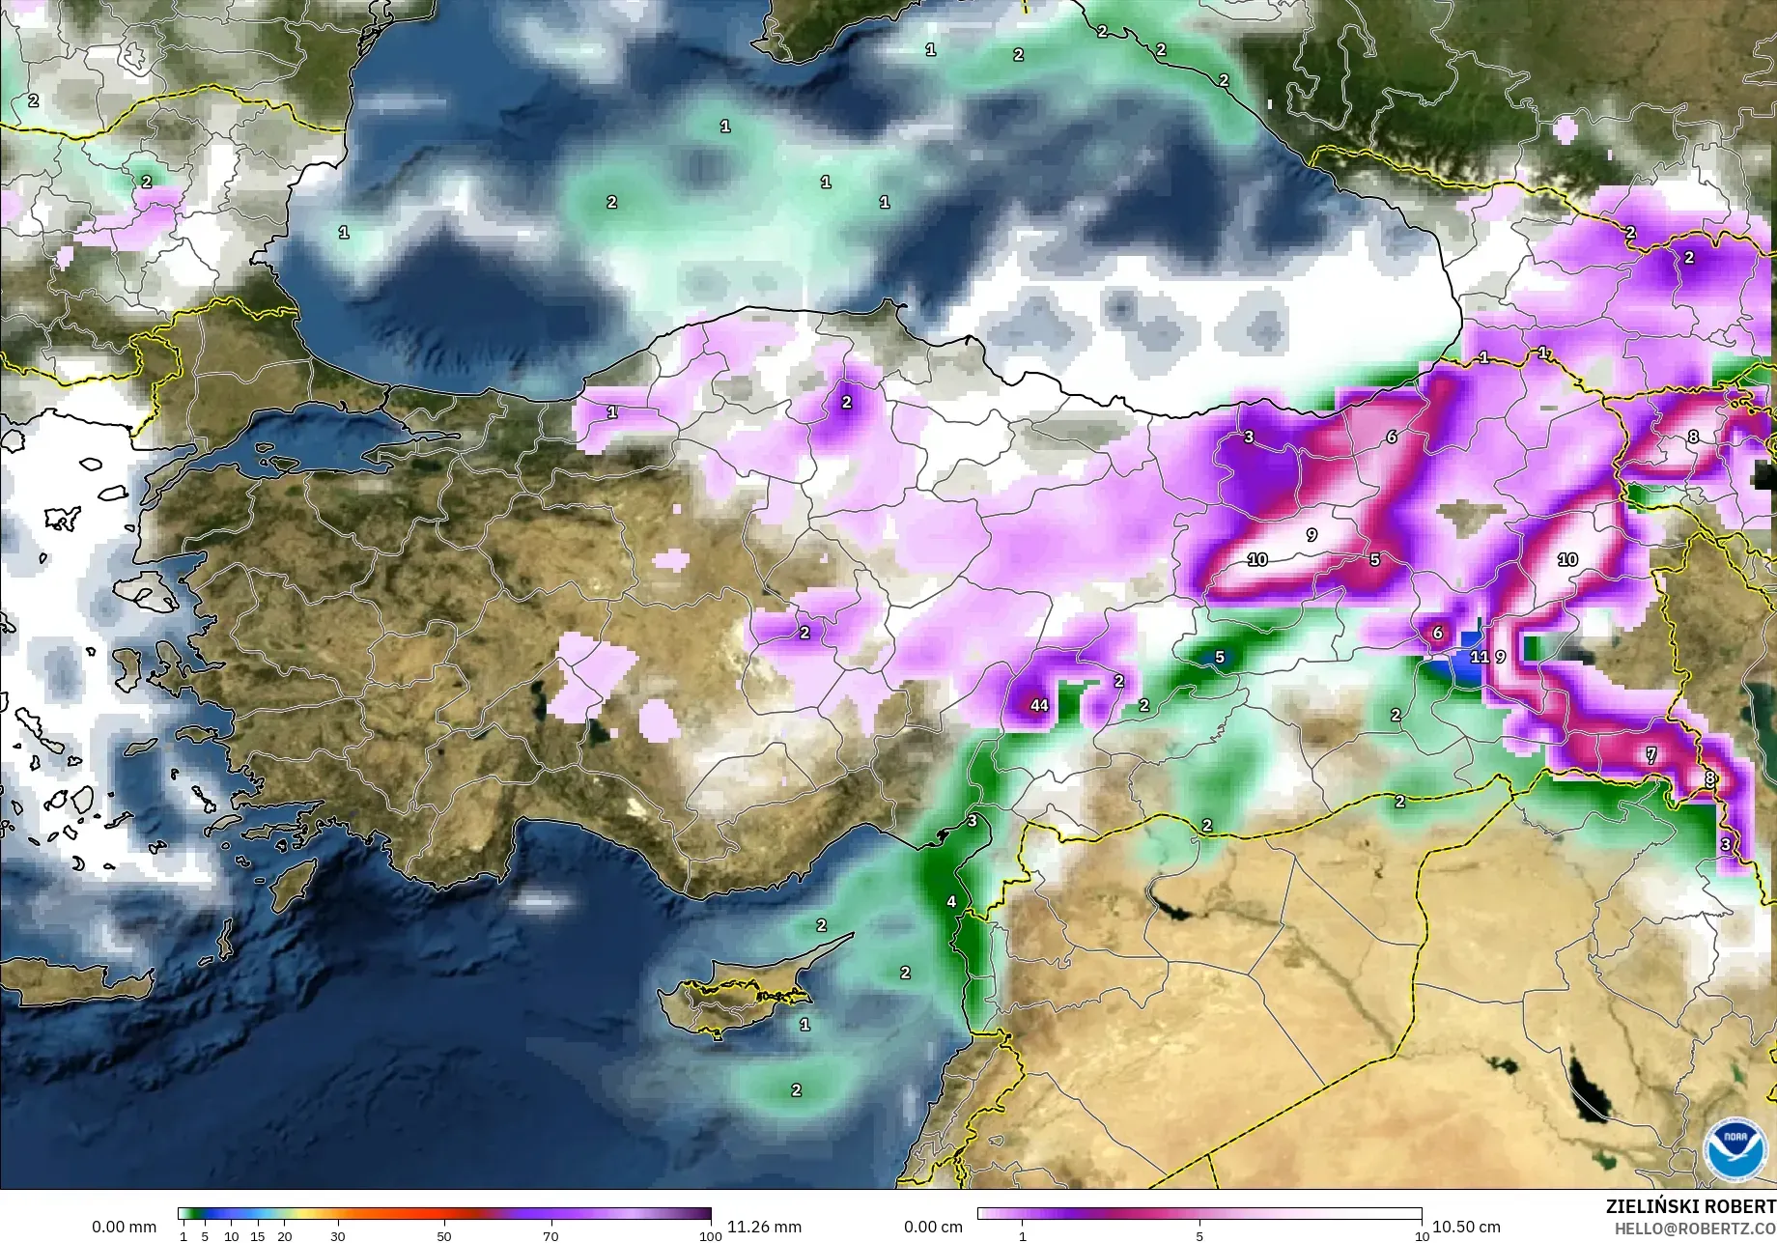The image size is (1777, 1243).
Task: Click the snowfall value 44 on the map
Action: pyautogui.click(x=1039, y=705)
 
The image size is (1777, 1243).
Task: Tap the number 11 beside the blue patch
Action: pyautogui.click(x=1479, y=657)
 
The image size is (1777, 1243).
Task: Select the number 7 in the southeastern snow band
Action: pyautogui.click(x=1650, y=754)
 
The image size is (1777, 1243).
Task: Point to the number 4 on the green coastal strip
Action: pyautogui.click(x=951, y=901)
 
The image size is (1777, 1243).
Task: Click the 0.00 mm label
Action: pyautogui.click(x=124, y=1227)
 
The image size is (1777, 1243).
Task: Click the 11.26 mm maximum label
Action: pyautogui.click(x=764, y=1227)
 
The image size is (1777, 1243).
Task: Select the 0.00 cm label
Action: pyautogui.click(x=933, y=1227)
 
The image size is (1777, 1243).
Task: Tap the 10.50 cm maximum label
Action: pyautogui.click(x=1466, y=1227)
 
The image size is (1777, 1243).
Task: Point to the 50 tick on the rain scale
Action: pyautogui.click(x=443, y=1236)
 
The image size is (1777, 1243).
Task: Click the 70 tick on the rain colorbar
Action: pyautogui.click(x=550, y=1236)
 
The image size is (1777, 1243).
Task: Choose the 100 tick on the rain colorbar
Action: pyautogui.click(x=710, y=1236)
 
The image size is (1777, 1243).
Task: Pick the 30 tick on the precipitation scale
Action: pyautogui.click(x=337, y=1236)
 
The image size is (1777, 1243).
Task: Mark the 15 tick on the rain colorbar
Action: pyautogui.click(x=258, y=1236)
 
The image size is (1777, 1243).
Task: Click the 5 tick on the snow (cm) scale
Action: pyautogui.click(x=1199, y=1236)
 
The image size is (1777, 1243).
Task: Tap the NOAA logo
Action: pyautogui.click(x=1735, y=1148)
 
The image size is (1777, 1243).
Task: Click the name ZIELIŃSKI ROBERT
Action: pyautogui.click(x=1690, y=1206)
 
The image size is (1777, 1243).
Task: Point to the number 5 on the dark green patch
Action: pyautogui.click(x=1219, y=657)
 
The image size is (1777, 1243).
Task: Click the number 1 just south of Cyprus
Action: pyautogui.click(x=804, y=1024)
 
